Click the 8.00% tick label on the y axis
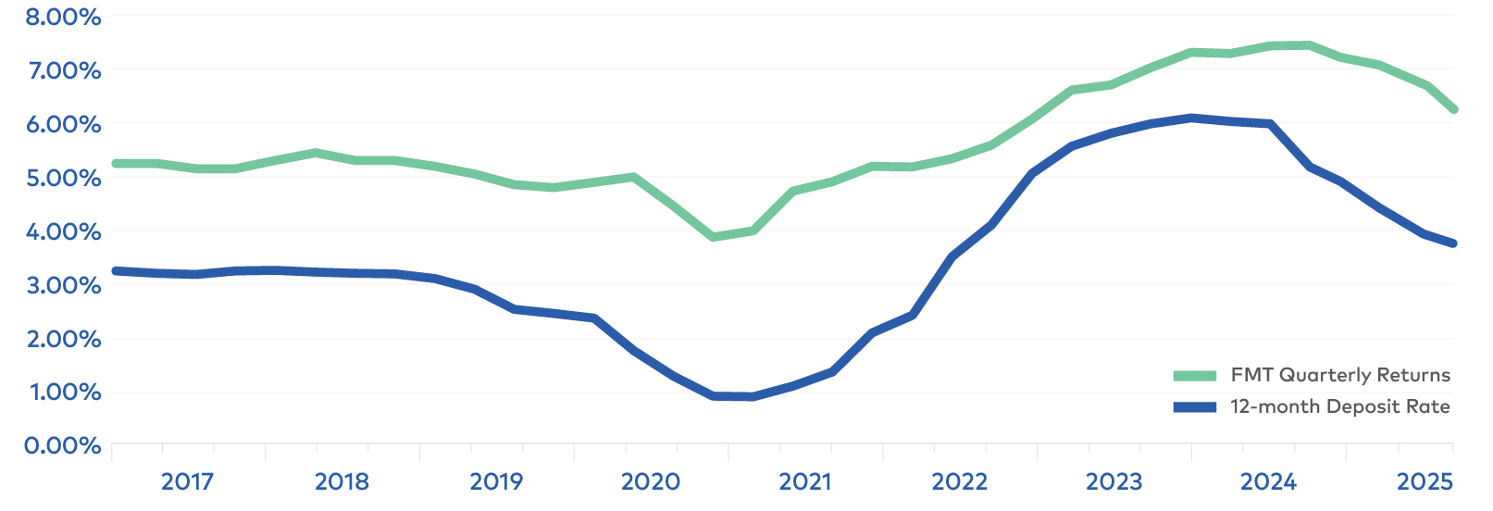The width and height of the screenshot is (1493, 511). (63, 17)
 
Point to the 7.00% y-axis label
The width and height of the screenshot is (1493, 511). (63, 70)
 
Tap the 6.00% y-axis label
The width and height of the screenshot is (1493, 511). (63, 124)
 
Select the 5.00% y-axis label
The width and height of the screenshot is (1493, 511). (63, 178)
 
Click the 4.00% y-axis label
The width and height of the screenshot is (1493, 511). (63, 231)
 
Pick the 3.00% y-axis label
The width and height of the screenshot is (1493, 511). (63, 285)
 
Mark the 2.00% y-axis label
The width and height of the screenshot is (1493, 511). (63, 339)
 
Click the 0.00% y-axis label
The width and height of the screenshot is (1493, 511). (63, 446)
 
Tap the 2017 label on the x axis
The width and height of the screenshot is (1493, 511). (187, 481)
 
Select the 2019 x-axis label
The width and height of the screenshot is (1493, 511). (496, 481)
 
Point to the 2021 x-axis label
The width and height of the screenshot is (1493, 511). (805, 481)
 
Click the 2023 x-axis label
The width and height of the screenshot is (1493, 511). (1114, 481)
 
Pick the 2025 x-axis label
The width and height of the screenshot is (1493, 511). (1425, 481)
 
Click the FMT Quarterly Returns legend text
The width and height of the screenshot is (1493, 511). (1340, 375)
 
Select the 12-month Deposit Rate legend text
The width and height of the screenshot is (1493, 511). (1340, 406)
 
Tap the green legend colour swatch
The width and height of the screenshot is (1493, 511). (1195, 376)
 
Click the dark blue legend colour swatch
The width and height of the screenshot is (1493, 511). (1195, 407)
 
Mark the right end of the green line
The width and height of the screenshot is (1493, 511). (1454, 109)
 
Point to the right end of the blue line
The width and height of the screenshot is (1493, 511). (1454, 243)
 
